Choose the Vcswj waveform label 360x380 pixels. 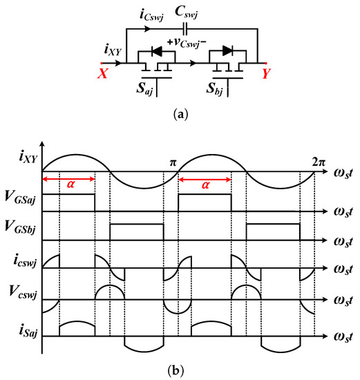click(x=22, y=287)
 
